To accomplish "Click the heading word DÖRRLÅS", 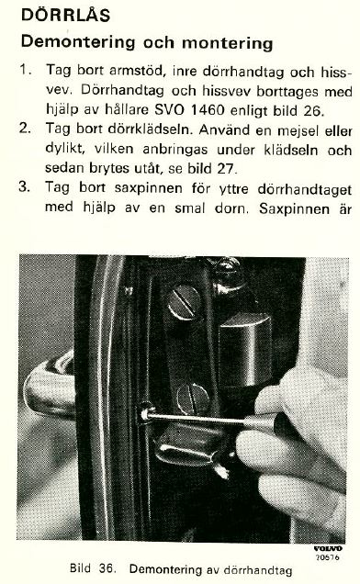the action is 65,15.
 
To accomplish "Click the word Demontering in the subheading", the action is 77,41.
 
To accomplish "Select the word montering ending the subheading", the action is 228,43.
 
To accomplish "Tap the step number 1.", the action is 25,69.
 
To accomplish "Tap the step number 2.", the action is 25,129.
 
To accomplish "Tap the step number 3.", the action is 25,186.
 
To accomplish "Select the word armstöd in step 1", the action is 137,70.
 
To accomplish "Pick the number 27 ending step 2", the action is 227,169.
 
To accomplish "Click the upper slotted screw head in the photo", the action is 184,302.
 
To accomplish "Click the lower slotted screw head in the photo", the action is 194,399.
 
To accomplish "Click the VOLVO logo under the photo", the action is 328,548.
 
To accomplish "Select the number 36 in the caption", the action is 106,568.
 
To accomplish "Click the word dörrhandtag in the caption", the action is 258,570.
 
